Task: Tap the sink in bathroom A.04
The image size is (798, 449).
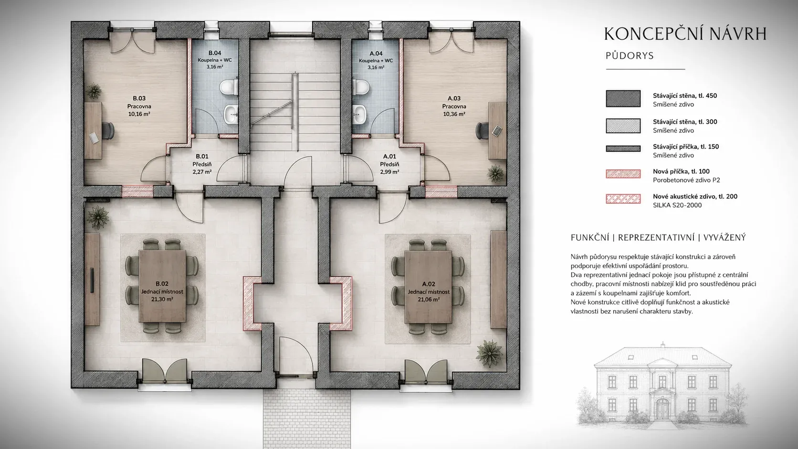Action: (x=359, y=115)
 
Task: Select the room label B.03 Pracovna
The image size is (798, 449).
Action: (x=139, y=102)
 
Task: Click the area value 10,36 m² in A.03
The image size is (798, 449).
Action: (x=454, y=114)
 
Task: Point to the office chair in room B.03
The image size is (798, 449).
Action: (x=108, y=131)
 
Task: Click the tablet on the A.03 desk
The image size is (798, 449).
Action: (x=497, y=131)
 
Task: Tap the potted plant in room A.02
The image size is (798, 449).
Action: (x=490, y=353)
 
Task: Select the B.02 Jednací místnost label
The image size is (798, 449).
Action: (x=162, y=288)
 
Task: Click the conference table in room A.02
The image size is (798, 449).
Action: (x=428, y=287)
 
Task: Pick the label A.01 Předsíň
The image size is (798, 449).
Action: (x=389, y=160)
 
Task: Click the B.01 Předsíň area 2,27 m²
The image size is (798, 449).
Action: (x=202, y=172)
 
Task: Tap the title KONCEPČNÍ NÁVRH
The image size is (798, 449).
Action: (x=685, y=34)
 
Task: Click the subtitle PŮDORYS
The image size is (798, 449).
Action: (x=630, y=56)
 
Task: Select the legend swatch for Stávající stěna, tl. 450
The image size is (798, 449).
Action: (x=623, y=99)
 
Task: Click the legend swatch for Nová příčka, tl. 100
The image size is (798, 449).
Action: (x=623, y=174)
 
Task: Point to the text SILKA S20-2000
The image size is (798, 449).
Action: (x=677, y=205)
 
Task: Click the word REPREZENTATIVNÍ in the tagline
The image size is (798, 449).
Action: (x=656, y=238)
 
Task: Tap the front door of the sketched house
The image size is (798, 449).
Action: (x=662, y=408)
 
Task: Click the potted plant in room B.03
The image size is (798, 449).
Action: (x=94, y=91)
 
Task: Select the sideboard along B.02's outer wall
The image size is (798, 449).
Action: (x=92, y=280)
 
